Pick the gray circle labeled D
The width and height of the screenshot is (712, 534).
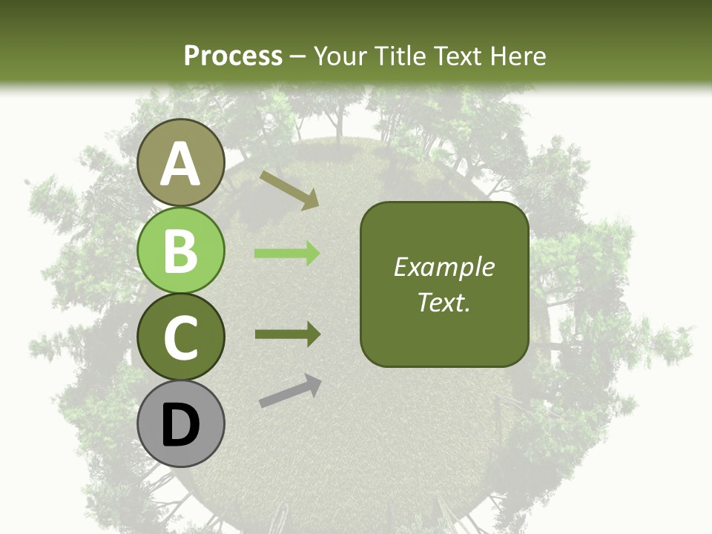click(x=181, y=423)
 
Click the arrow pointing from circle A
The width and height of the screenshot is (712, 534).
click(x=289, y=190)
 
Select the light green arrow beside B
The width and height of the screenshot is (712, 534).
click(x=287, y=254)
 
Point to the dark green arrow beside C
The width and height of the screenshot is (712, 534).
click(x=287, y=334)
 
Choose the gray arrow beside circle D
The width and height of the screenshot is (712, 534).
click(x=290, y=391)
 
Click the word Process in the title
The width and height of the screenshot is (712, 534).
click(x=233, y=56)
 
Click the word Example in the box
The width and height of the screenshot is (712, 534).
click(x=444, y=267)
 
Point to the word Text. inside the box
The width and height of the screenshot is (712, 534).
click(x=444, y=302)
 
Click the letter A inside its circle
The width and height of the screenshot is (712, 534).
click(x=181, y=164)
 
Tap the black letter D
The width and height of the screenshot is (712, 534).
click(x=181, y=425)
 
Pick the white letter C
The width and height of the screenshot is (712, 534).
click(x=181, y=337)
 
